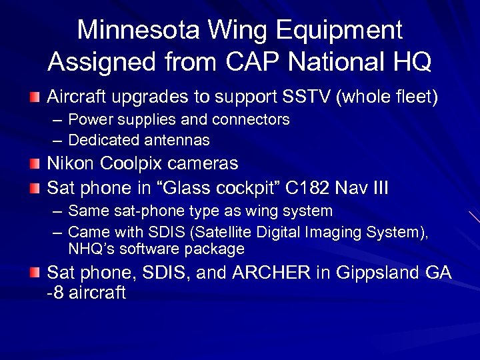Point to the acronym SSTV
[301, 97]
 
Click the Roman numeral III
[379, 188]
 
